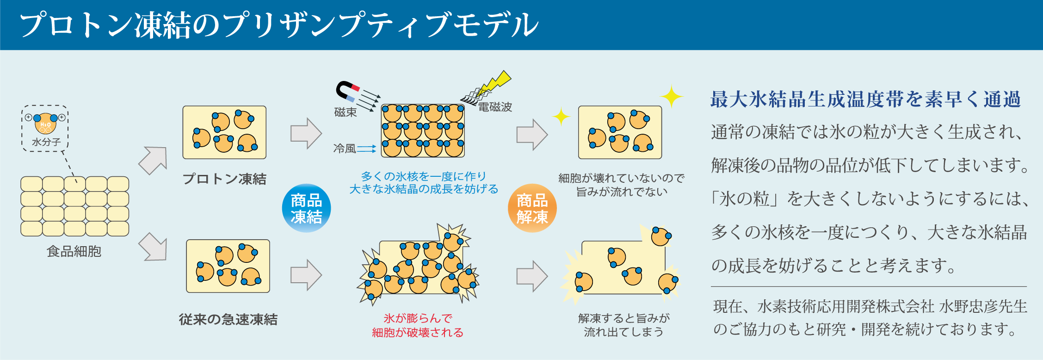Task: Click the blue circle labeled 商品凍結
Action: click(x=306, y=208)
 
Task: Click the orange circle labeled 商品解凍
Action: click(x=532, y=208)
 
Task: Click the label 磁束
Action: click(x=346, y=112)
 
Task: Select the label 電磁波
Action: click(x=495, y=107)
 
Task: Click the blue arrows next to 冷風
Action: click(x=367, y=149)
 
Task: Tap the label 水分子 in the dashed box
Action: click(x=46, y=142)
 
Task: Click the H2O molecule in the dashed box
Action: click(x=45, y=123)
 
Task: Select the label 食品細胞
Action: click(x=74, y=251)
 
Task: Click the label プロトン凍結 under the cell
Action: click(x=224, y=179)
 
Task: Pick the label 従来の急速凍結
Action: click(x=228, y=319)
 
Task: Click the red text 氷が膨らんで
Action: click(x=418, y=318)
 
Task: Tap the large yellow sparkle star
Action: click(x=671, y=96)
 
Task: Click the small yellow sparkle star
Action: click(x=561, y=117)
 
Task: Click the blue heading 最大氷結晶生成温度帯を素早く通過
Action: click(x=865, y=99)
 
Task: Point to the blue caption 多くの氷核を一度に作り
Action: click(x=424, y=176)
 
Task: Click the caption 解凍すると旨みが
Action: click(x=623, y=318)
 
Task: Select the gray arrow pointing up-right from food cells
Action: click(x=154, y=160)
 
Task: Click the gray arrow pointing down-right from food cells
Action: click(x=153, y=247)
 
